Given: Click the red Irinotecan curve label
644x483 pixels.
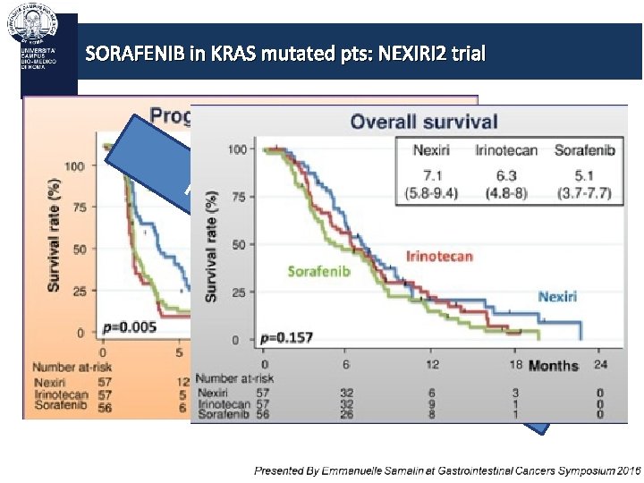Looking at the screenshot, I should pyautogui.click(x=439, y=257).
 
